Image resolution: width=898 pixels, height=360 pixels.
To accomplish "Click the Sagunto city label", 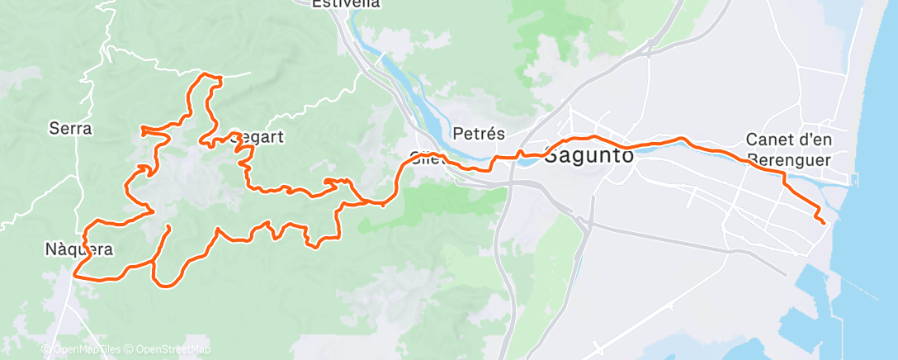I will tap(589, 154).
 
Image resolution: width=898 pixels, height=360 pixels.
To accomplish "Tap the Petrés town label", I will tap(479, 133).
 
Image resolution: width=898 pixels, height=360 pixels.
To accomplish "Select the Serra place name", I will tap(70, 128).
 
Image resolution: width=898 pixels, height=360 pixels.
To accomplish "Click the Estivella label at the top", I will tap(346, 4).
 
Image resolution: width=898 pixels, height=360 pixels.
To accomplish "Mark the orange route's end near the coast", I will tap(824, 222).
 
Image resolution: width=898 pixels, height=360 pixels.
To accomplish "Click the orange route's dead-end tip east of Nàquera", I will tap(169, 226).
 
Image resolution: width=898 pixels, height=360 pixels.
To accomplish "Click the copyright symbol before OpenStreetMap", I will tap(129, 349).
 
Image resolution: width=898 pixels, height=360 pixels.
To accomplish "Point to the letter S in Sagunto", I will tap(552, 154).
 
